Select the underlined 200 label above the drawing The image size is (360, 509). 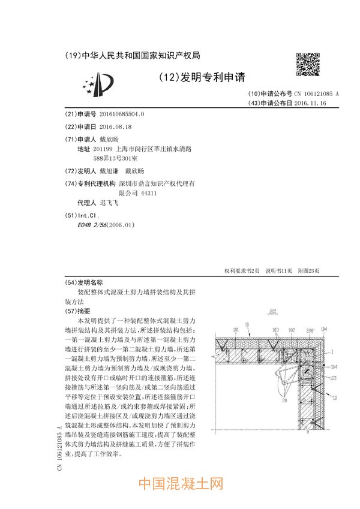272,312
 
